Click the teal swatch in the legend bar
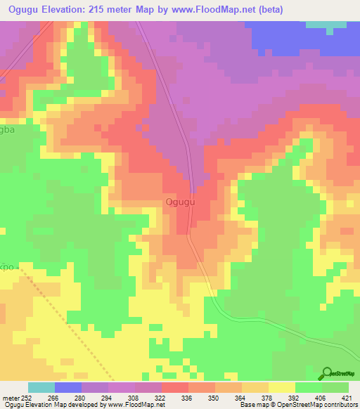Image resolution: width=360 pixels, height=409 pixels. point(41,387)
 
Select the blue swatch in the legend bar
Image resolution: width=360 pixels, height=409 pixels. point(68,387)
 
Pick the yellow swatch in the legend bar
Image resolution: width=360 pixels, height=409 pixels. point(282,387)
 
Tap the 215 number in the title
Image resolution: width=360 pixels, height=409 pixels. point(115,9)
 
